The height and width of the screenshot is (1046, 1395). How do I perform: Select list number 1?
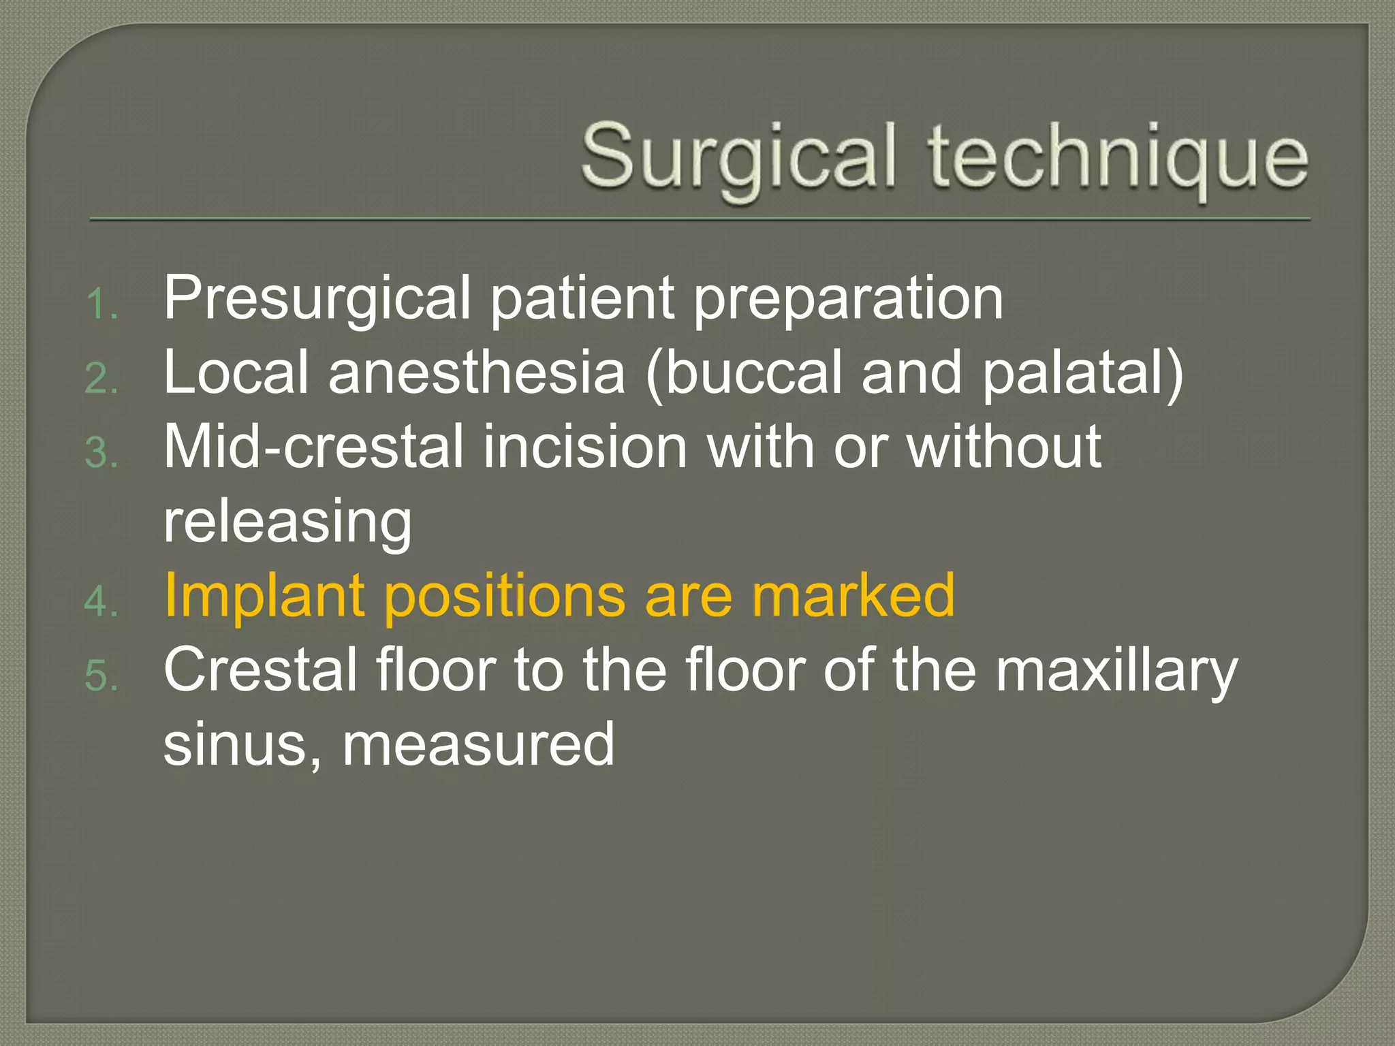click(x=102, y=304)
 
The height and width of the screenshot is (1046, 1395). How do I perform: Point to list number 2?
click(x=102, y=379)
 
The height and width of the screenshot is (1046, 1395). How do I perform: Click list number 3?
click(x=102, y=454)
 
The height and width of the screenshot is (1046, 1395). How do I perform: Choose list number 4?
click(x=102, y=603)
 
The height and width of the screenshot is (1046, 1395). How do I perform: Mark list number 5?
click(x=102, y=677)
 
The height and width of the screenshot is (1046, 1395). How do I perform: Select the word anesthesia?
click(x=477, y=373)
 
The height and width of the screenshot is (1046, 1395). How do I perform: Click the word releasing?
click(x=287, y=523)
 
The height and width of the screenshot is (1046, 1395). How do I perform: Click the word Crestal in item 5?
click(x=262, y=670)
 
